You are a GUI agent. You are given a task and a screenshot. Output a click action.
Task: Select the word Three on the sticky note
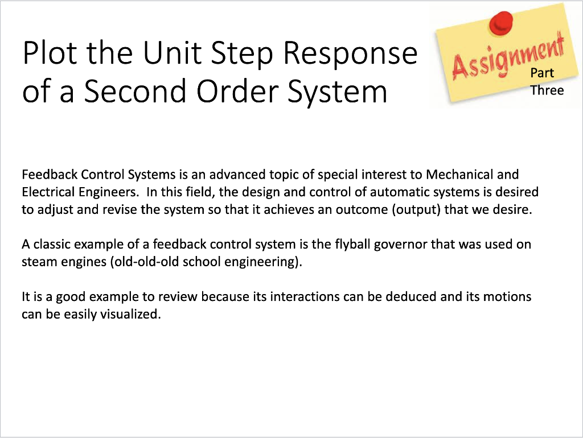(x=547, y=90)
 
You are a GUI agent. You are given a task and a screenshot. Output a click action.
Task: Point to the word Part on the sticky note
(x=542, y=73)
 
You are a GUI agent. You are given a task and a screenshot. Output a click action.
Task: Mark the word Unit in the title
(x=170, y=53)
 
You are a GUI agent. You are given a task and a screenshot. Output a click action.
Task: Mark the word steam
(x=37, y=262)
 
